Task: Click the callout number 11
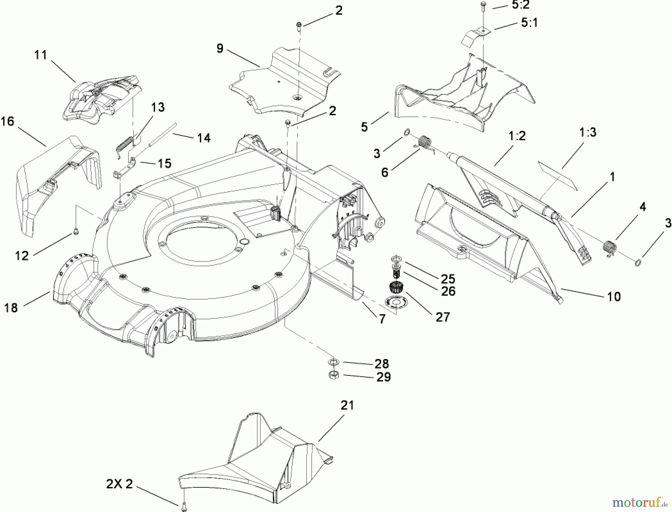click(x=41, y=55)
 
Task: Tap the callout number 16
click(x=7, y=121)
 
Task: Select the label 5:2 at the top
click(x=520, y=5)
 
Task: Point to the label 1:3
click(x=588, y=132)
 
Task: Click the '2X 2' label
click(x=119, y=484)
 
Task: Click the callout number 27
click(x=442, y=317)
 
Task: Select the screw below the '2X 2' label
click(x=184, y=506)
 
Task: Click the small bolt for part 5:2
click(x=483, y=5)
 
